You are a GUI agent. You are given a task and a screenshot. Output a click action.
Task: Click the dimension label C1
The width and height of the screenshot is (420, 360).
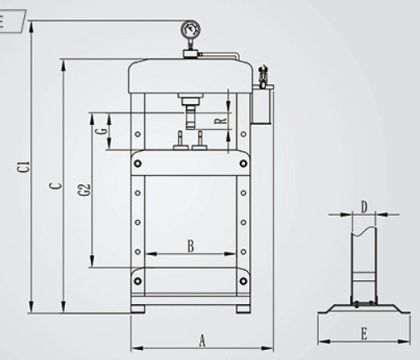point(26,166)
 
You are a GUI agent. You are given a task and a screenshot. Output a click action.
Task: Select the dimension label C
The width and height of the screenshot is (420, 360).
point(57,186)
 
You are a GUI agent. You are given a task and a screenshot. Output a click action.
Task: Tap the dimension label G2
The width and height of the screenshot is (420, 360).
point(86,190)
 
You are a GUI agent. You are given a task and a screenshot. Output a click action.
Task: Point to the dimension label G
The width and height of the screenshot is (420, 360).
point(103,131)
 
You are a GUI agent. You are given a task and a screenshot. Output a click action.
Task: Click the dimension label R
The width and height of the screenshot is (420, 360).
point(221,121)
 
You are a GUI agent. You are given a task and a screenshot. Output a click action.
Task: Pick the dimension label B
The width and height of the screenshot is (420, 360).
point(191,246)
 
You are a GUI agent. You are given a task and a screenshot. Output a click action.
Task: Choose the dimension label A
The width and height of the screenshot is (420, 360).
point(202,341)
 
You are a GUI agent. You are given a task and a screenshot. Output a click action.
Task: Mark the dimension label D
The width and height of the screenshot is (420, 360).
point(363,207)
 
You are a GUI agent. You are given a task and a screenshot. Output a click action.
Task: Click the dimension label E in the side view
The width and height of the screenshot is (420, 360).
point(364,334)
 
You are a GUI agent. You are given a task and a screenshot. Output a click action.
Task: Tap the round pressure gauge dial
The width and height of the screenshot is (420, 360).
point(191,29)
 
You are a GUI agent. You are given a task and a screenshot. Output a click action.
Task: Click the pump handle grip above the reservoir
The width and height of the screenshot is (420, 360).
point(262,72)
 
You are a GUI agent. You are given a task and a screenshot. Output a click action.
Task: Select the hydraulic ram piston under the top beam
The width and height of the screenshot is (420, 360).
point(190,116)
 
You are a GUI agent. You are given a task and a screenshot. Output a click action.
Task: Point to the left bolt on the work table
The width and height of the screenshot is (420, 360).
point(137,163)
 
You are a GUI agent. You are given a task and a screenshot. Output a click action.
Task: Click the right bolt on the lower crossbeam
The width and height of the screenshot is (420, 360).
point(243,281)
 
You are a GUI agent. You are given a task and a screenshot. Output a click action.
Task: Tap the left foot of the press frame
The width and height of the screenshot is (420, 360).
point(138,309)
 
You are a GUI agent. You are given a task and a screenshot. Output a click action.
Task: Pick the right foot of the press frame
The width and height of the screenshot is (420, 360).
point(243,309)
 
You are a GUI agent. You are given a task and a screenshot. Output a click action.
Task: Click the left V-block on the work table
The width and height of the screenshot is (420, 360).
point(181,141)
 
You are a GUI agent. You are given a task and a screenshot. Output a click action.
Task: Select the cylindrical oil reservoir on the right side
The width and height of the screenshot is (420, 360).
point(262,105)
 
